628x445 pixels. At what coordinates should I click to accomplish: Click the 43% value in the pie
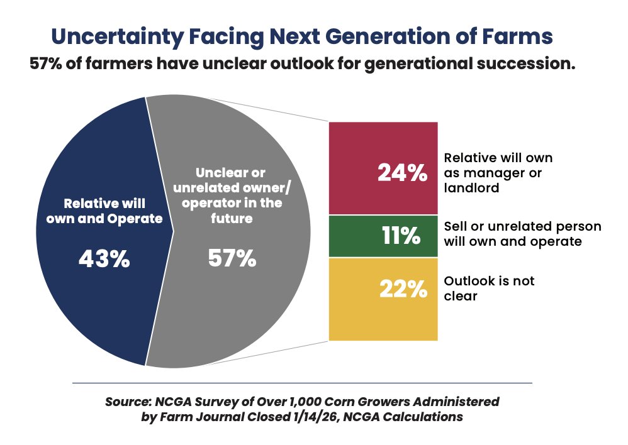point(104,258)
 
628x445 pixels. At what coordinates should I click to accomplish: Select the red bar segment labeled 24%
point(383,168)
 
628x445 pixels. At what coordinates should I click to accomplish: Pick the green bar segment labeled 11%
point(383,236)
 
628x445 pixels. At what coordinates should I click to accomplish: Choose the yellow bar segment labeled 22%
point(383,299)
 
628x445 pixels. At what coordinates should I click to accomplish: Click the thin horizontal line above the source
point(302,383)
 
